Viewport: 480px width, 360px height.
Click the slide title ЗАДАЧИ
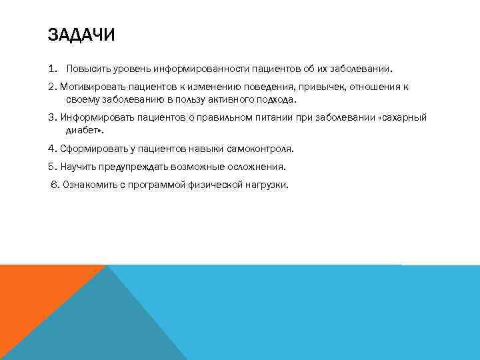[81, 35]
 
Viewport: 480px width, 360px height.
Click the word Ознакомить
[89, 185]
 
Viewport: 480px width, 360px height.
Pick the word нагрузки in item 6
[267, 185]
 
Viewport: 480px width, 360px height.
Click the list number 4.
[51, 149]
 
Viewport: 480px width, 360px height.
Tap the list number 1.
[52, 69]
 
